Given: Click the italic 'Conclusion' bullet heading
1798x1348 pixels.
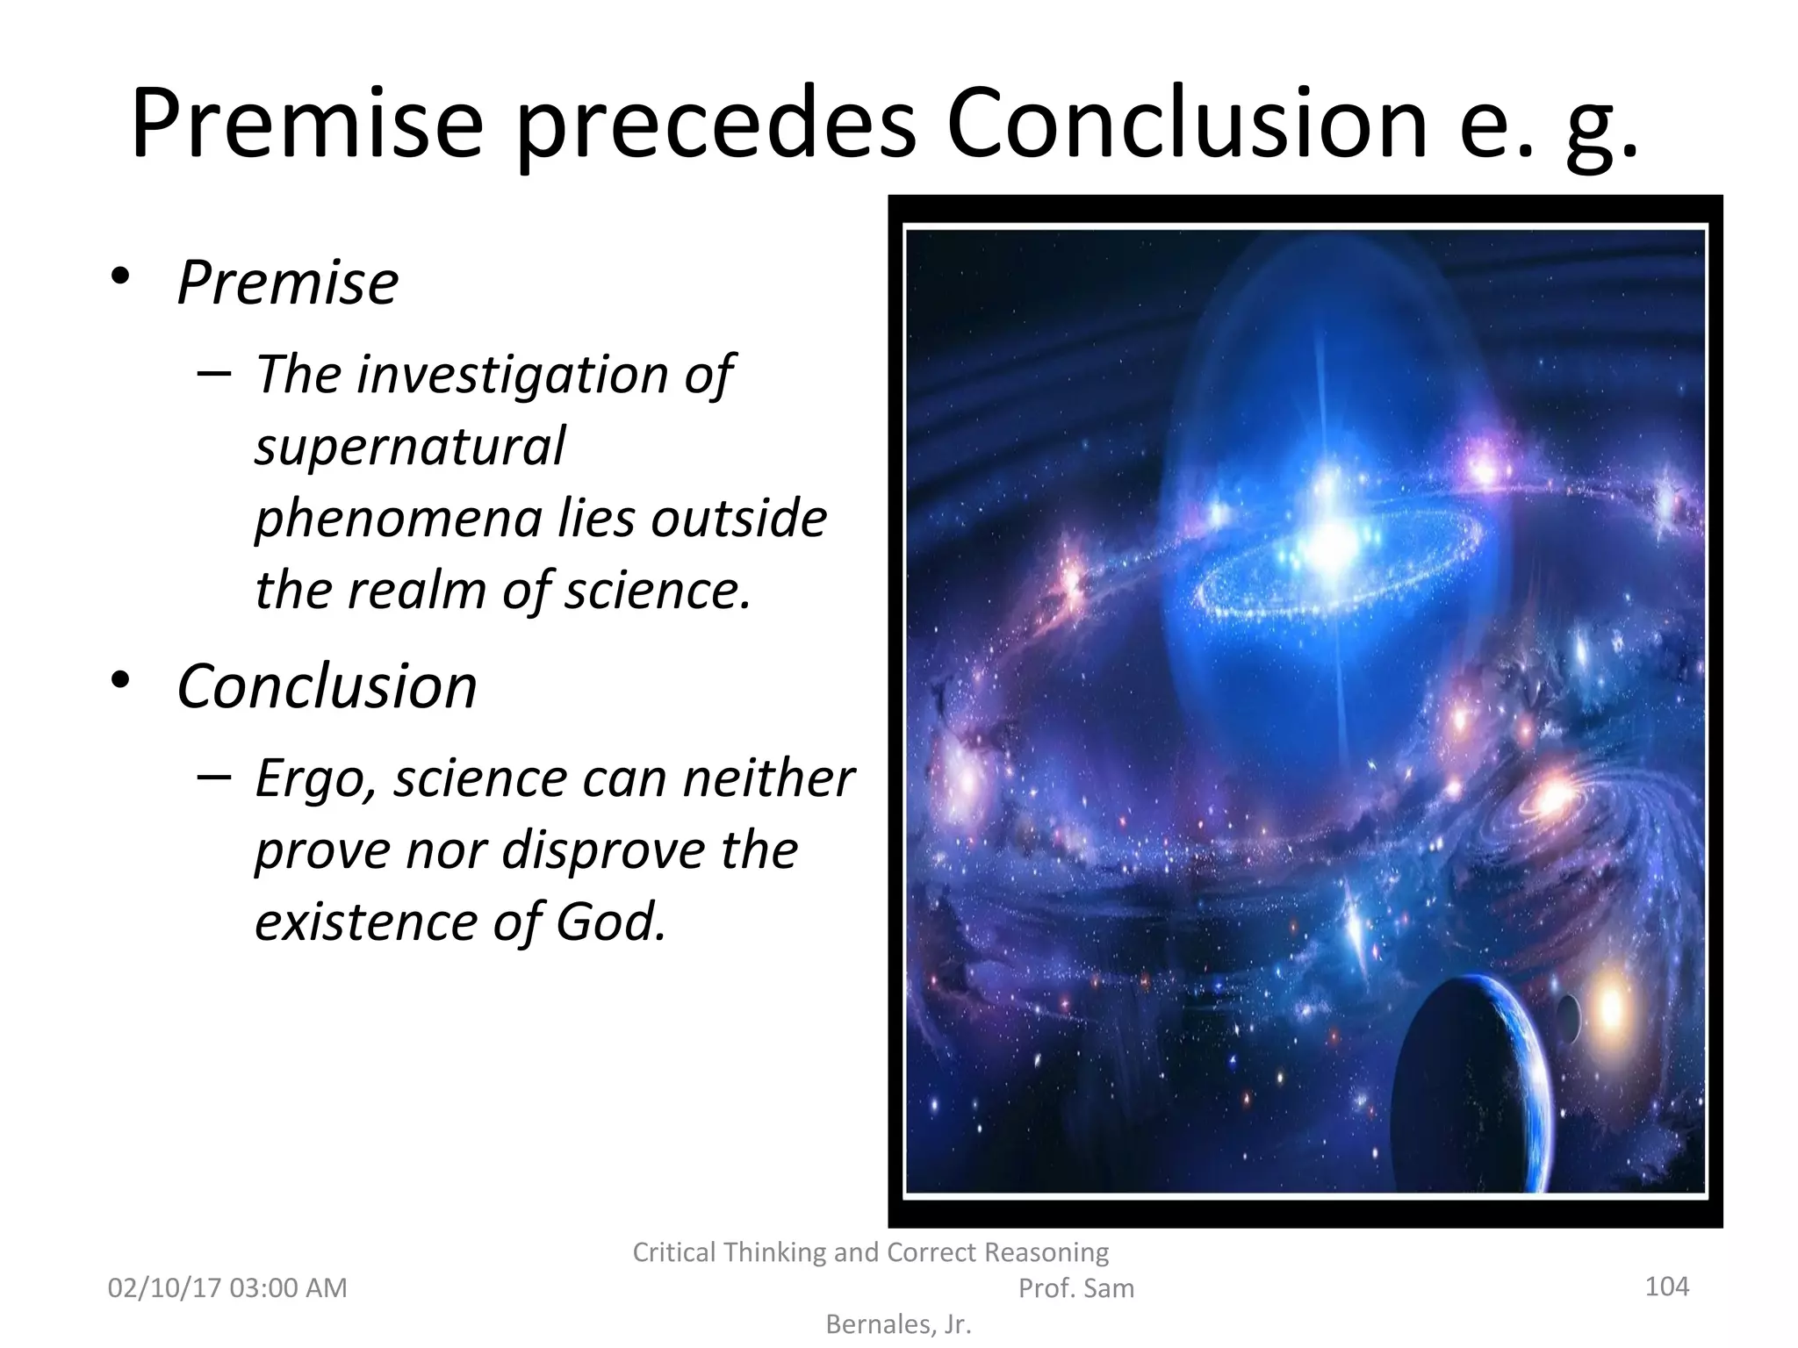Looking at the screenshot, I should (327, 685).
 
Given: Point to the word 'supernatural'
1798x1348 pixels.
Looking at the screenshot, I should (410, 446).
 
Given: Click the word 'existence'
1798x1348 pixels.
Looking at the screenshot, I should (363, 921).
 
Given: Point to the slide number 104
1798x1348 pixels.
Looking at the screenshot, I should (1666, 1287).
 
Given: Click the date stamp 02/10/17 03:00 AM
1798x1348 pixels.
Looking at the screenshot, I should (227, 1288).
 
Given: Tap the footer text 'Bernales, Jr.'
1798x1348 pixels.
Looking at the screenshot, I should (899, 1324).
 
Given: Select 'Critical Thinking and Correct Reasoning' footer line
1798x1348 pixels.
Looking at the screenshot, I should (870, 1252).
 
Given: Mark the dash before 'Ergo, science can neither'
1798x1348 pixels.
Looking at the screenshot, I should (214, 776).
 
